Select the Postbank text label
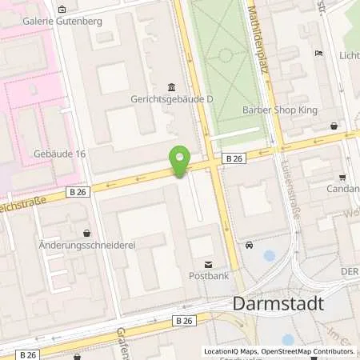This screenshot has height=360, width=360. click(x=209, y=278)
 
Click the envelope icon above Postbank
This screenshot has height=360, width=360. click(x=209, y=265)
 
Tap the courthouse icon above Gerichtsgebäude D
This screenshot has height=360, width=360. click(x=171, y=87)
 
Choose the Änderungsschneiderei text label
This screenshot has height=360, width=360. click(x=86, y=246)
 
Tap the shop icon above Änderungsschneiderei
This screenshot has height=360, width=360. click(x=86, y=233)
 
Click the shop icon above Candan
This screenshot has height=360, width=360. click(x=342, y=178)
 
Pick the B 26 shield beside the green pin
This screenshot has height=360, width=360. click(x=233, y=159)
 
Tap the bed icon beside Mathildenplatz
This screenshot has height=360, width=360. click(x=319, y=54)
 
